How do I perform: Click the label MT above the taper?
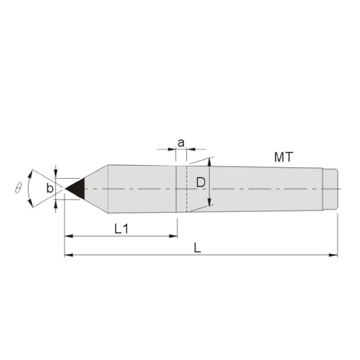pyautogui.click(x=284, y=157)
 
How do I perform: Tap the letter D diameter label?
pyautogui.click(x=200, y=182)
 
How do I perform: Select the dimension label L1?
pyautogui.click(x=121, y=229)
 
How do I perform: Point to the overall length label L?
pyautogui.click(x=197, y=248)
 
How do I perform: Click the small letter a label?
pyautogui.click(x=181, y=143)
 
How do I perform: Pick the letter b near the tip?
pyautogui.click(x=50, y=188)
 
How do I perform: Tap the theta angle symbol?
pyautogui.click(x=18, y=188)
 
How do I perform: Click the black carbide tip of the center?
pyautogui.click(x=77, y=189)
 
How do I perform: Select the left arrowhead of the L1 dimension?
pyautogui.click(x=68, y=236)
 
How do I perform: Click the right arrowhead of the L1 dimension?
pyautogui.click(x=173, y=236)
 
